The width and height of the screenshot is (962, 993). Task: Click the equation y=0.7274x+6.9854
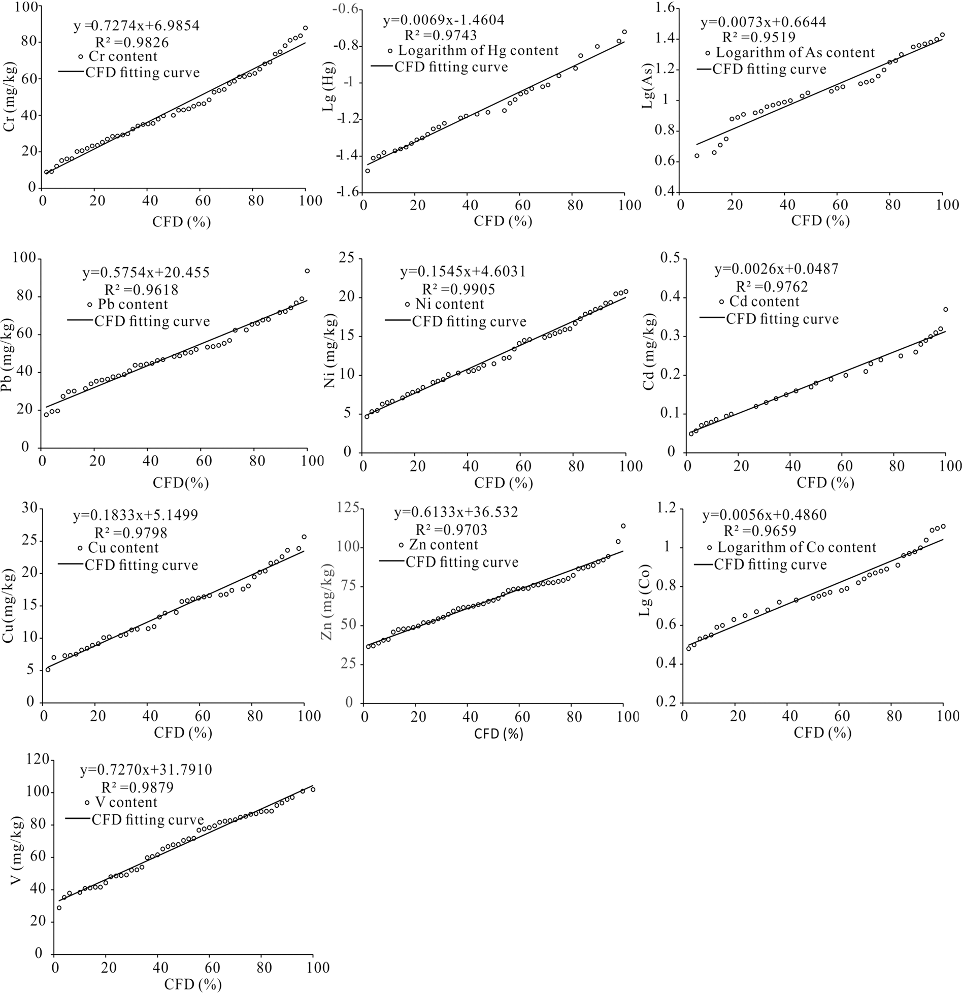137,25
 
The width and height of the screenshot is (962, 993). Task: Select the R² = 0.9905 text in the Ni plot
458,289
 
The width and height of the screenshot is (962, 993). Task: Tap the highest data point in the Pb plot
307,271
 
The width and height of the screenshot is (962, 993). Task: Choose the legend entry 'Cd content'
764,302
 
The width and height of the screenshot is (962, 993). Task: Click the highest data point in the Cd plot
945,309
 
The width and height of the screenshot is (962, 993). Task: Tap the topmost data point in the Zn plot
623,526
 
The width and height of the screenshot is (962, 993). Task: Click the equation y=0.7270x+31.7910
146,770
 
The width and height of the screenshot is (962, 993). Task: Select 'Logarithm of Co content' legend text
797,547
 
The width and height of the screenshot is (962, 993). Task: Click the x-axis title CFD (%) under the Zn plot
499,734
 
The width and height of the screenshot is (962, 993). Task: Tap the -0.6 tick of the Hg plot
348,10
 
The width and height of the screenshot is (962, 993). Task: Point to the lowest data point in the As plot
697,156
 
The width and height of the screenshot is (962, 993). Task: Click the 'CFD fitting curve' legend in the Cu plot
141,565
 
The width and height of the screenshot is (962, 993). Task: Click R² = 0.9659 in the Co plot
759,531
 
